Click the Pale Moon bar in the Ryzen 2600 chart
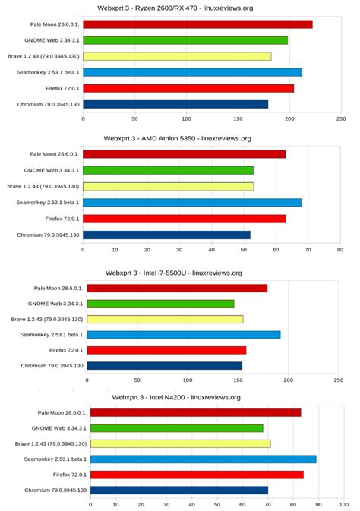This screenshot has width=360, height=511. (x=197, y=24)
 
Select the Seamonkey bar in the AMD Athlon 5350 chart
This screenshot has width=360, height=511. (x=192, y=203)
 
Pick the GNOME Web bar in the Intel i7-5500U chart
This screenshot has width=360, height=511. (x=160, y=304)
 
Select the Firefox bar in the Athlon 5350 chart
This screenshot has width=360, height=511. (x=184, y=219)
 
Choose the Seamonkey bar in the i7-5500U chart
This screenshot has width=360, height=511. (x=184, y=335)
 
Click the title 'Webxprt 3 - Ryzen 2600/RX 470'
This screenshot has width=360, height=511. (x=175, y=8)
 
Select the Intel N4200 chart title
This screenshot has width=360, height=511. (x=176, y=397)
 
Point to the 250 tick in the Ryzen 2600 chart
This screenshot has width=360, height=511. (x=341, y=119)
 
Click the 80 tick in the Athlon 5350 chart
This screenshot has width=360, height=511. (x=340, y=248)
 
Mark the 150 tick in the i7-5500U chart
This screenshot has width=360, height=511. (x=238, y=380)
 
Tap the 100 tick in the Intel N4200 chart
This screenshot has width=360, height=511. (x=344, y=503)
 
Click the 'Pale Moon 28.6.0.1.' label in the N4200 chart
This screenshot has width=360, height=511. (x=62, y=412)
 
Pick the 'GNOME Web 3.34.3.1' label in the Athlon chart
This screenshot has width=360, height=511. (x=52, y=170)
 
